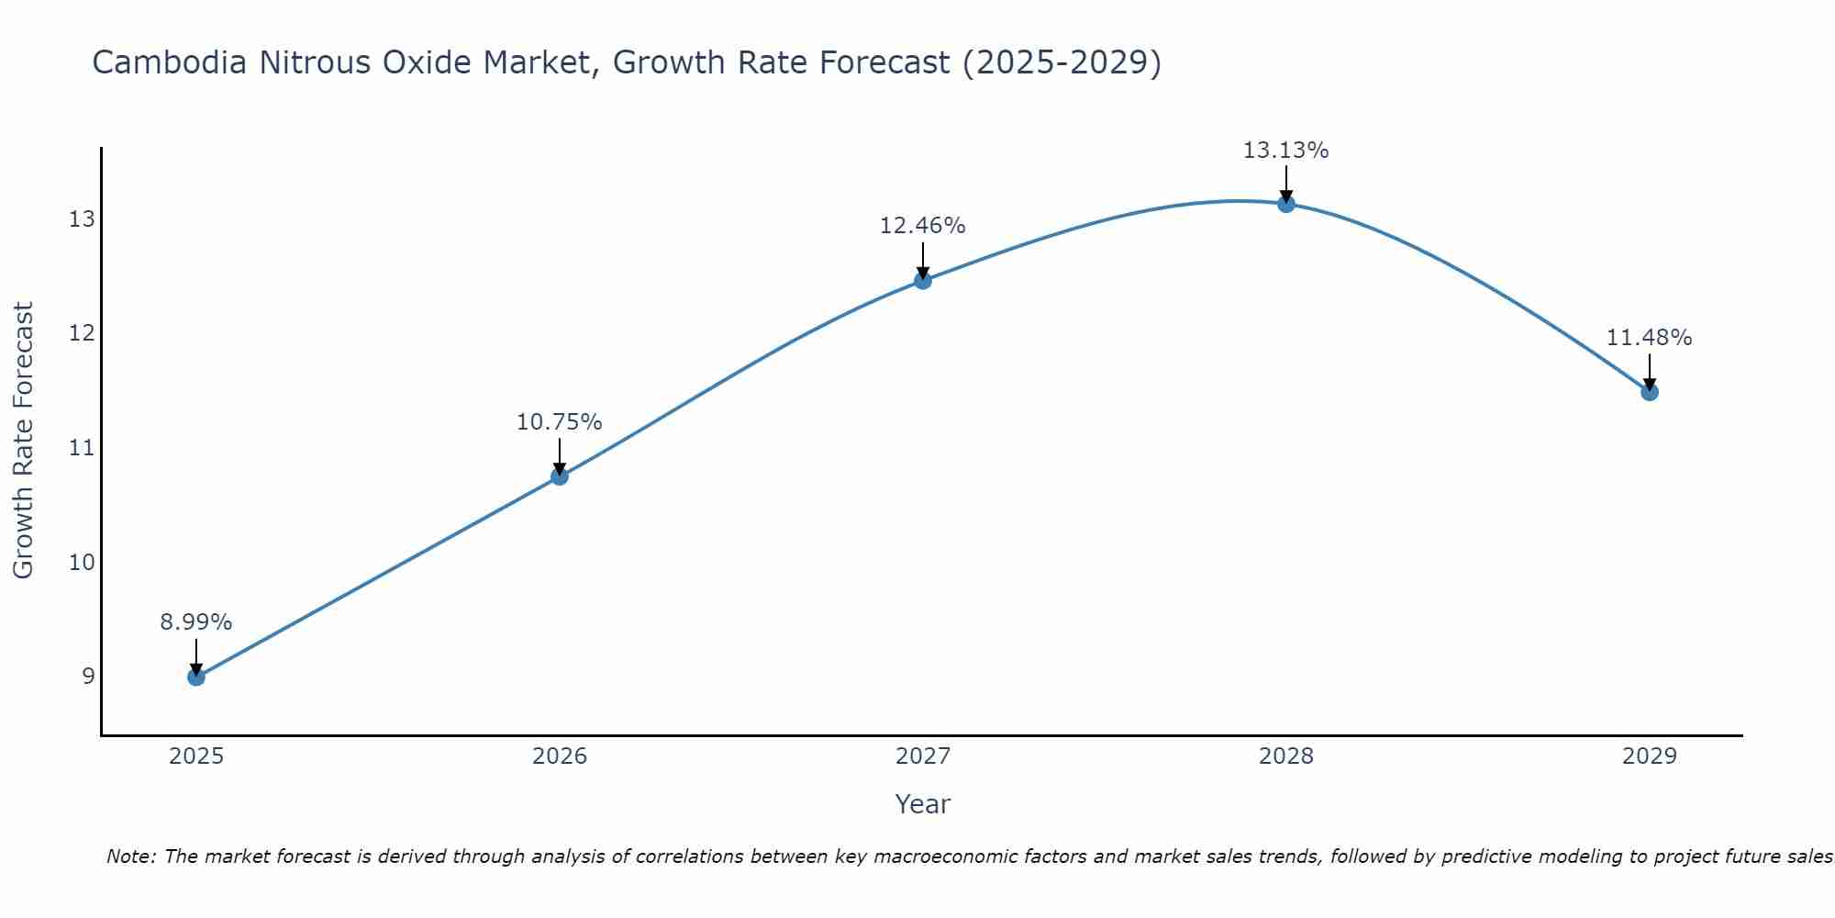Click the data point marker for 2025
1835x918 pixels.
click(x=196, y=677)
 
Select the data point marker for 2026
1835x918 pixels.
click(x=560, y=476)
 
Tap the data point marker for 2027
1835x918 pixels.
click(x=923, y=281)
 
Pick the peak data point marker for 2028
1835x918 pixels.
click(x=1286, y=204)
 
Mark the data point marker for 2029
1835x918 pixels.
click(x=1650, y=392)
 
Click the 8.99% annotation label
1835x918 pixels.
click(x=196, y=622)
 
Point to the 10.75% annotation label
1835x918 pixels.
click(x=560, y=422)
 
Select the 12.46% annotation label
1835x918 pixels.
click(x=923, y=226)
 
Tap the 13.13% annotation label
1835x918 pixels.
click(x=1286, y=151)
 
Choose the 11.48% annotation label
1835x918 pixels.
click(x=1650, y=338)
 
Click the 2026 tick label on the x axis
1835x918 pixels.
click(x=560, y=756)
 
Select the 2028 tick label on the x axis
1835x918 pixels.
click(x=1286, y=756)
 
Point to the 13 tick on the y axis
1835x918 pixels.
click(x=82, y=219)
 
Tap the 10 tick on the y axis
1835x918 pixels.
click(x=82, y=562)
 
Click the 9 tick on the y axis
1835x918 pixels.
click(x=88, y=677)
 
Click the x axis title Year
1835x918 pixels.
click(x=923, y=804)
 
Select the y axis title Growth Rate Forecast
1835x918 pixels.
click(x=24, y=441)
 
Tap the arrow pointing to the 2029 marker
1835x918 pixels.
click(x=1650, y=372)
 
